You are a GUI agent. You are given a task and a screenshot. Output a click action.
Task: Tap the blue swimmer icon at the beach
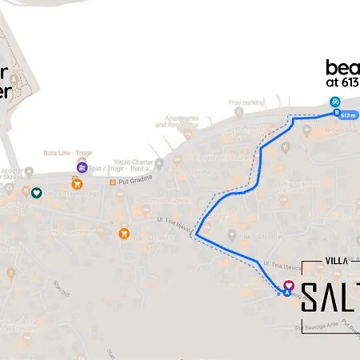pyautogui.click(x=336, y=102)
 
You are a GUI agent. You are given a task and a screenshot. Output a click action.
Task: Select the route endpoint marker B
pyautogui.click(x=336, y=113)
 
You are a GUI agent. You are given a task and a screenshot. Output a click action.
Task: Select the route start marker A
pyautogui.click(x=287, y=293)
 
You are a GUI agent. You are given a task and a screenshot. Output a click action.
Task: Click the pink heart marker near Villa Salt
pyautogui.click(x=289, y=284)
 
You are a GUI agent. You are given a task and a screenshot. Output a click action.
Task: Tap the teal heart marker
pyautogui.click(x=36, y=192)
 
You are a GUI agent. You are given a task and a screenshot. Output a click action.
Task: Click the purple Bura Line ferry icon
pyautogui.click(x=82, y=169)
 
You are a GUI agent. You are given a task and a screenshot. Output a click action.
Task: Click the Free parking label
pyautogui.click(x=246, y=102)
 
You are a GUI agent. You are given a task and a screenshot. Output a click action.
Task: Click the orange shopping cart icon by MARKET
pyautogui.click(x=124, y=233)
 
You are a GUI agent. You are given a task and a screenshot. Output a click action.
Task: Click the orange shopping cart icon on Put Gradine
pyautogui.click(x=78, y=184)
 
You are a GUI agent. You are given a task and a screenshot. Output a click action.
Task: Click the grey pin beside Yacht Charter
pyautogui.click(x=158, y=164)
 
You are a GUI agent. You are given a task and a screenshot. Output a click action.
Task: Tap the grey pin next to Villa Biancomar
pyautogui.click(x=232, y=234)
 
